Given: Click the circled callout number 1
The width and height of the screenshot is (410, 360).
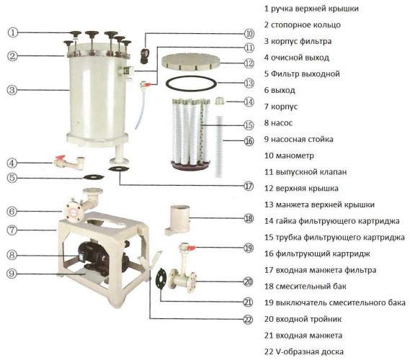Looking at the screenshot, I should tap(13, 32).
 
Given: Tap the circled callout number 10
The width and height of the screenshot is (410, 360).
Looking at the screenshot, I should tap(249, 33).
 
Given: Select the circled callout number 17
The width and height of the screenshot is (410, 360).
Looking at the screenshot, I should tap(249, 185).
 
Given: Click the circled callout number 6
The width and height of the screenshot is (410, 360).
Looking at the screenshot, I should tap(13, 211).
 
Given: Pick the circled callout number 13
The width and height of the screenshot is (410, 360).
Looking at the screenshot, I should tap(249, 83).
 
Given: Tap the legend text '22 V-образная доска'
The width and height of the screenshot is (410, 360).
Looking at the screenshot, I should tap(311, 351).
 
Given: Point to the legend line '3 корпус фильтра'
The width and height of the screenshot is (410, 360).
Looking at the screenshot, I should tap(303, 41).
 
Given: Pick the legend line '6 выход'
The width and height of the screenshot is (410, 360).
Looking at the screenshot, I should tap(282, 90).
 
